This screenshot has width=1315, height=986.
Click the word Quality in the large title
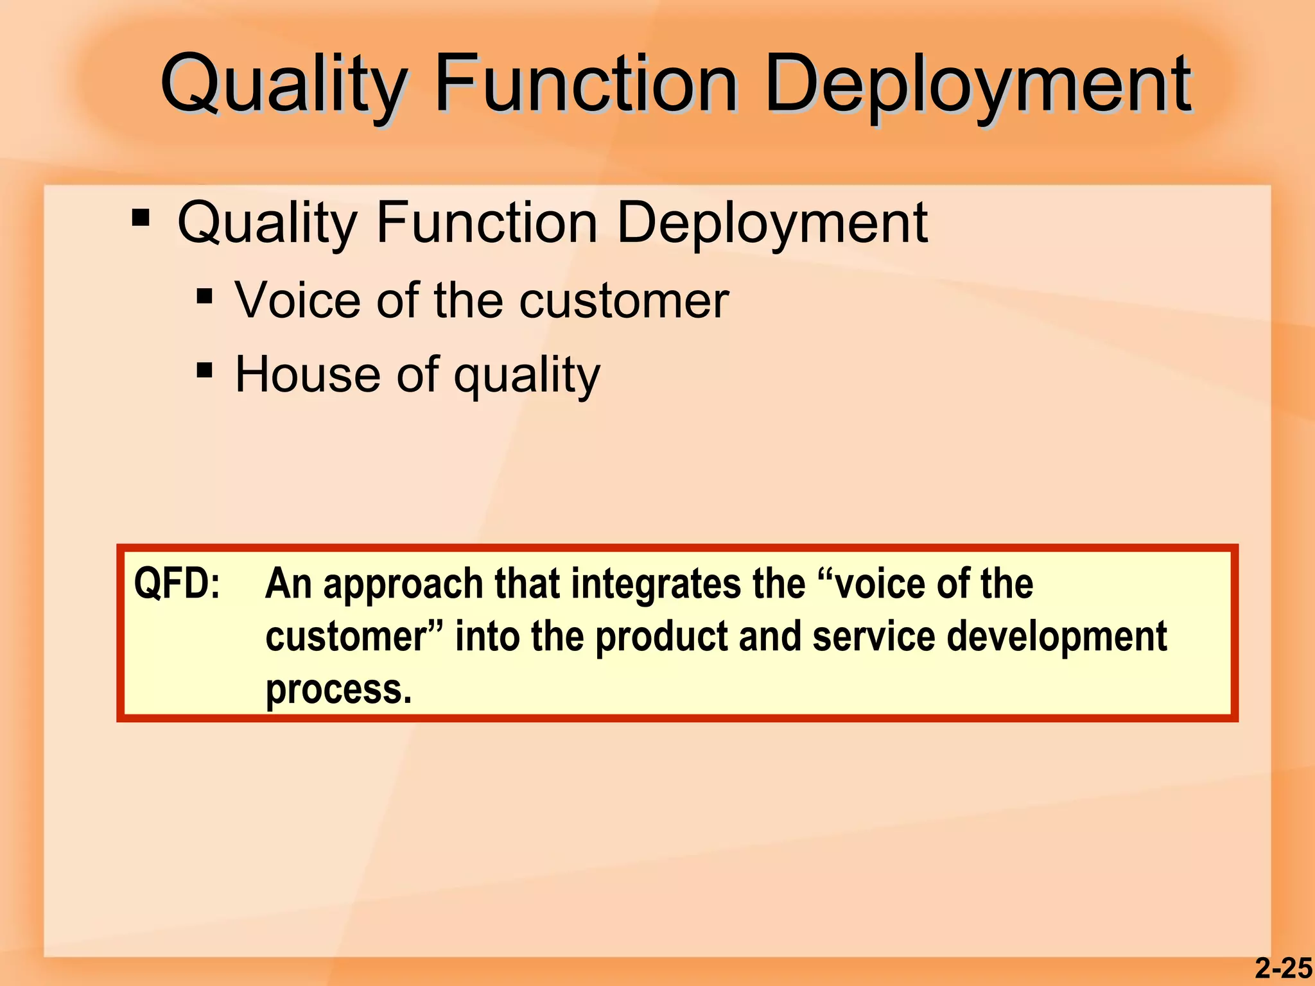283,85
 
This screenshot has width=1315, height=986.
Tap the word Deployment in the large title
978,85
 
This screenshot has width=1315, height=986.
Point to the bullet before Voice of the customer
204,296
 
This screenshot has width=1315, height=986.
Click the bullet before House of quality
204,370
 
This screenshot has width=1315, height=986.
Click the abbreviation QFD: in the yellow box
177,584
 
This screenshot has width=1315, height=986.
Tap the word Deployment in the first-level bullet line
771,223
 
